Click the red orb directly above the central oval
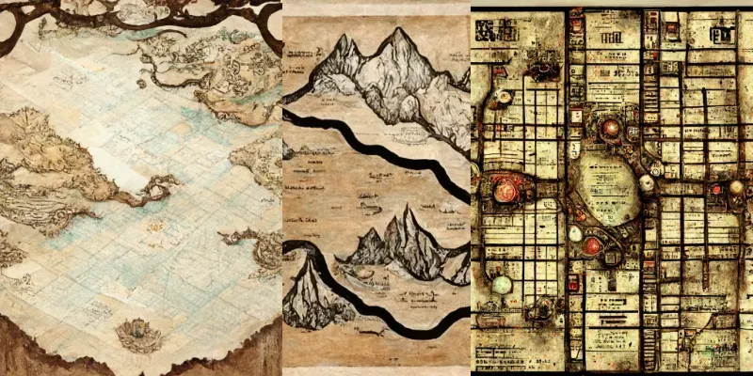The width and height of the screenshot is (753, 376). (x=611, y=127)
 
